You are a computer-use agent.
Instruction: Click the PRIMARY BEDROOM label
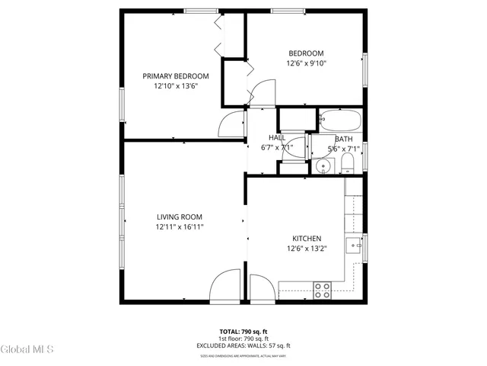coord(176,75)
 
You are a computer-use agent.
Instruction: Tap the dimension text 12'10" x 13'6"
coord(176,86)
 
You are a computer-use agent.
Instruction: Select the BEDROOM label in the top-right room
coord(306,53)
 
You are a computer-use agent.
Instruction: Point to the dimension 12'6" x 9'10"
coord(306,63)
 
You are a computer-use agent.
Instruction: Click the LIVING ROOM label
coord(180,217)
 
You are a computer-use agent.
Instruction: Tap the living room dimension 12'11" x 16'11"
coord(180,226)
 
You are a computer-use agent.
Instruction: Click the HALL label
coord(276,137)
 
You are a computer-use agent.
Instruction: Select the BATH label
coord(343,139)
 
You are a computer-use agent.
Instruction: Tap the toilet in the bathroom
coord(348,165)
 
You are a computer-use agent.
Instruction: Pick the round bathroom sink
coord(323,165)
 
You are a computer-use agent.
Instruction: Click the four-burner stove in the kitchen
coord(323,289)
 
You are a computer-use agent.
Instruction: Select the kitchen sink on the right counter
coord(353,246)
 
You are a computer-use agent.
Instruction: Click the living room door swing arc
coord(225,287)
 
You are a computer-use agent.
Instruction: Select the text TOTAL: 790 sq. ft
coord(243,332)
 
